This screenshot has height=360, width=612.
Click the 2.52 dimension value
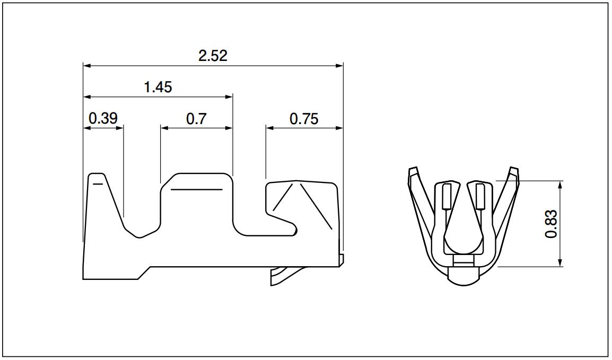coord(213,56)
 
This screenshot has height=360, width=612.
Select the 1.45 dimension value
coord(158,87)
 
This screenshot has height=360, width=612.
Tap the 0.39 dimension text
coord(103,118)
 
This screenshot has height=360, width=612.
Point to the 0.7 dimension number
coord(196,119)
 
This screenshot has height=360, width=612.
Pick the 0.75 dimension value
coord(304,119)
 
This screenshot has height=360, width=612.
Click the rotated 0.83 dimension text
coord(551,224)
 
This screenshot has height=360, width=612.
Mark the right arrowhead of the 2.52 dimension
coord(339,66)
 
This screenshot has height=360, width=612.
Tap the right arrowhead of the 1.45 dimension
coord(229,96)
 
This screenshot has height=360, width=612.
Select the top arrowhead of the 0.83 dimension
coord(561,185)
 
